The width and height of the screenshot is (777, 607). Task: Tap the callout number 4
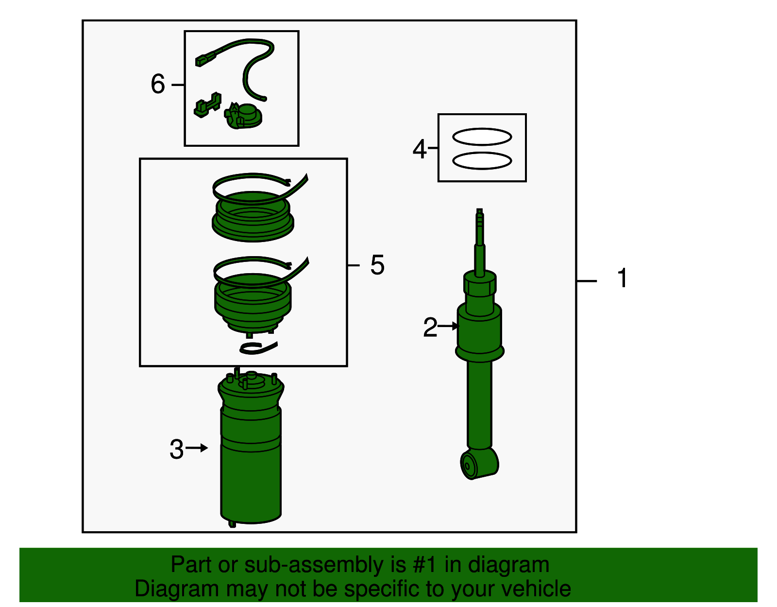[x=420, y=149]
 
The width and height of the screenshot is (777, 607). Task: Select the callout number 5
[x=377, y=265]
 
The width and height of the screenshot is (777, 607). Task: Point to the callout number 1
[x=623, y=278]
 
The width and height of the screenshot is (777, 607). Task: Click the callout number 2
[x=430, y=327]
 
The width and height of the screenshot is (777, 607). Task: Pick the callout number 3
[x=176, y=449]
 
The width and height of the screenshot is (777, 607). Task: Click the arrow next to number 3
[x=197, y=448]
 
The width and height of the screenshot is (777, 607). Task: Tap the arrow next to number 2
[x=448, y=326]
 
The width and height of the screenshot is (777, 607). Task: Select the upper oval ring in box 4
[x=482, y=137]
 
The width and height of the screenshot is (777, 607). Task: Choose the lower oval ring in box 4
[x=482, y=160]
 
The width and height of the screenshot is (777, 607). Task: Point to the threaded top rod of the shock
[x=479, y=229]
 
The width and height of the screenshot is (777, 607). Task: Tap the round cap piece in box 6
[x=244, y=116]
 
